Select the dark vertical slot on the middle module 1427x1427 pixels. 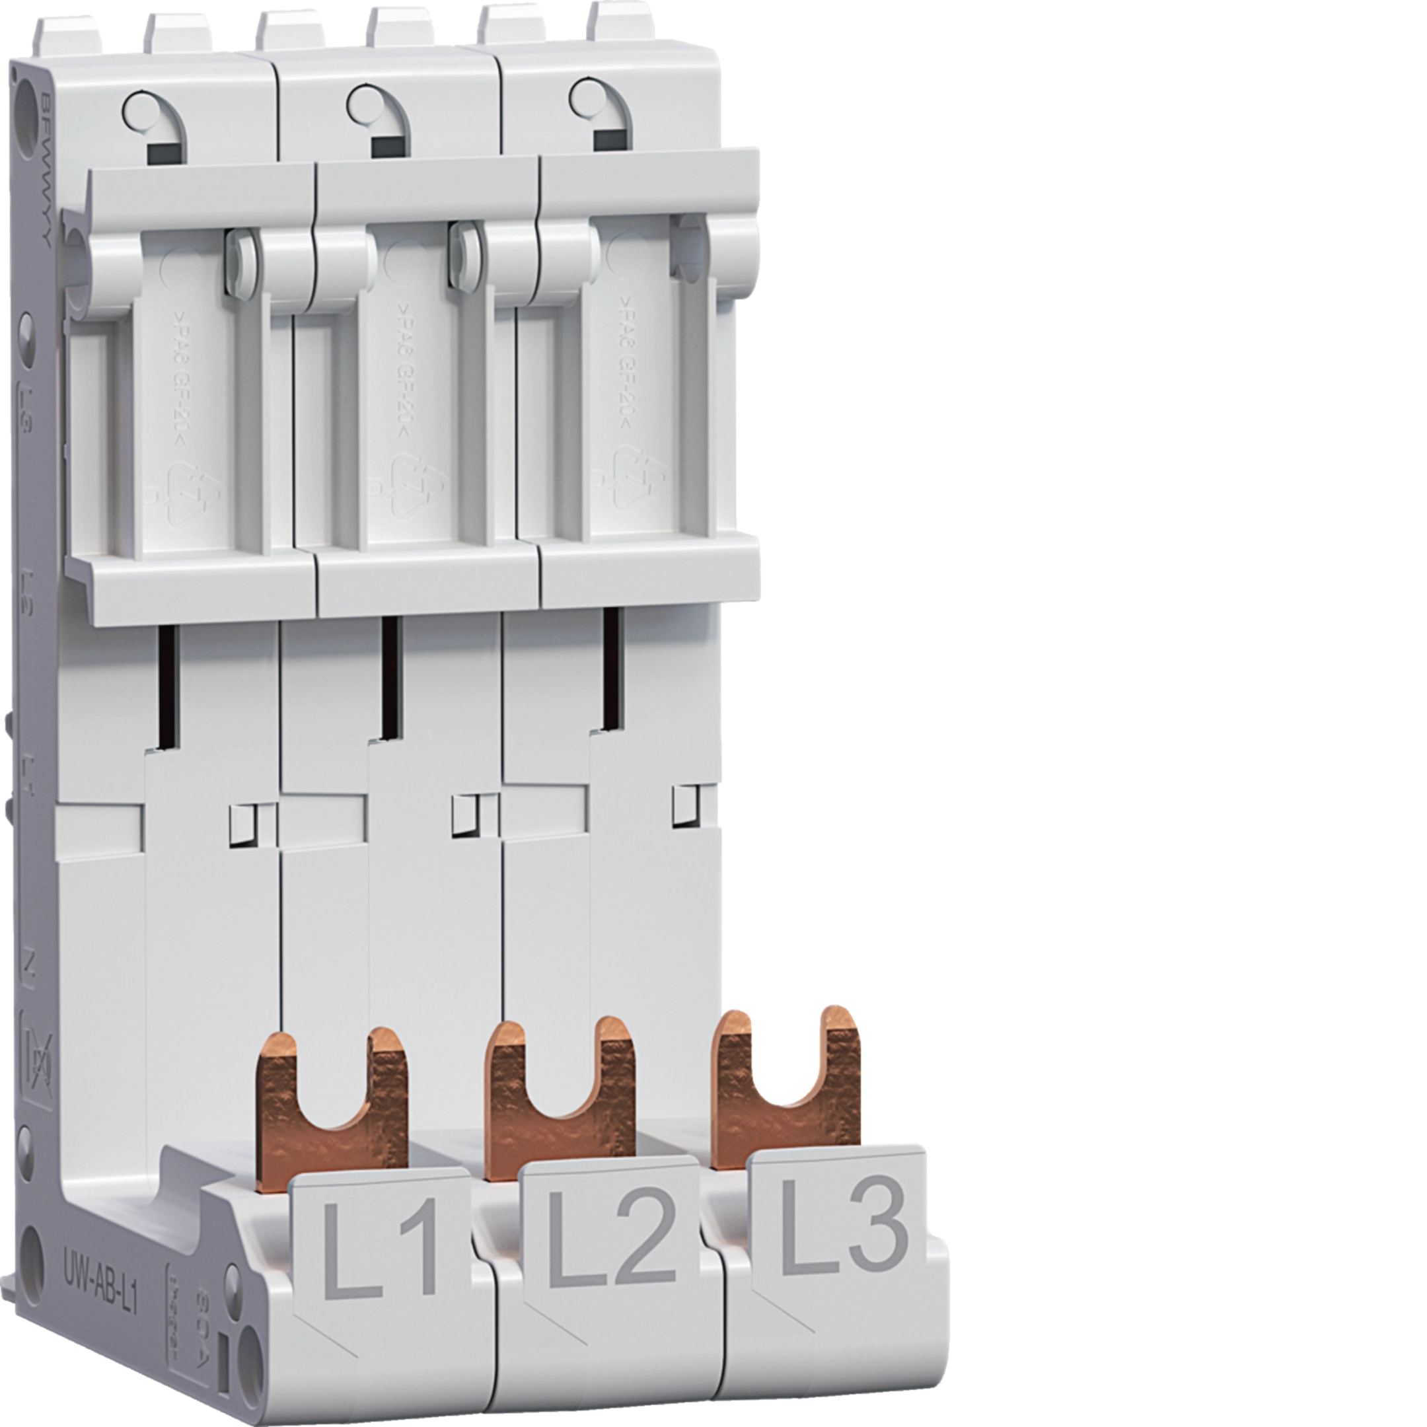[x=389, y=677]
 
